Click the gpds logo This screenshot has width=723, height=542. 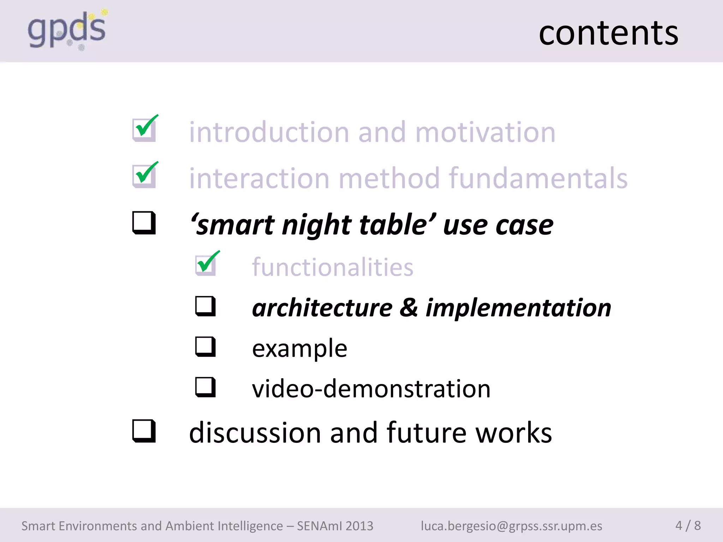(67, 30)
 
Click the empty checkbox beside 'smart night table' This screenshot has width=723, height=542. (144, 223)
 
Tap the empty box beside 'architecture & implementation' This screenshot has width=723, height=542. (205, 306)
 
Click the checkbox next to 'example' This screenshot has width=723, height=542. (205, 347)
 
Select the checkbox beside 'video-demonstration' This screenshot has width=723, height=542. (205, 387)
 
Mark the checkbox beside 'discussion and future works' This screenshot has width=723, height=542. (144, 431)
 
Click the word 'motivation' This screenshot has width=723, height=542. (485, 132)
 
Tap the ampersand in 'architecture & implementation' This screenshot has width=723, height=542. (408, 307)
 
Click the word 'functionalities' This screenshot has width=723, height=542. (332, 267)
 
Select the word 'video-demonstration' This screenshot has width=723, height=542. (371, 389)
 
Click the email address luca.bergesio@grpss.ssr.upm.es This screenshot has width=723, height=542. (511, 526)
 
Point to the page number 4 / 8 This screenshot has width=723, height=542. (688, 525)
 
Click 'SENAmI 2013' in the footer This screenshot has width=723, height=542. (335, 526)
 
